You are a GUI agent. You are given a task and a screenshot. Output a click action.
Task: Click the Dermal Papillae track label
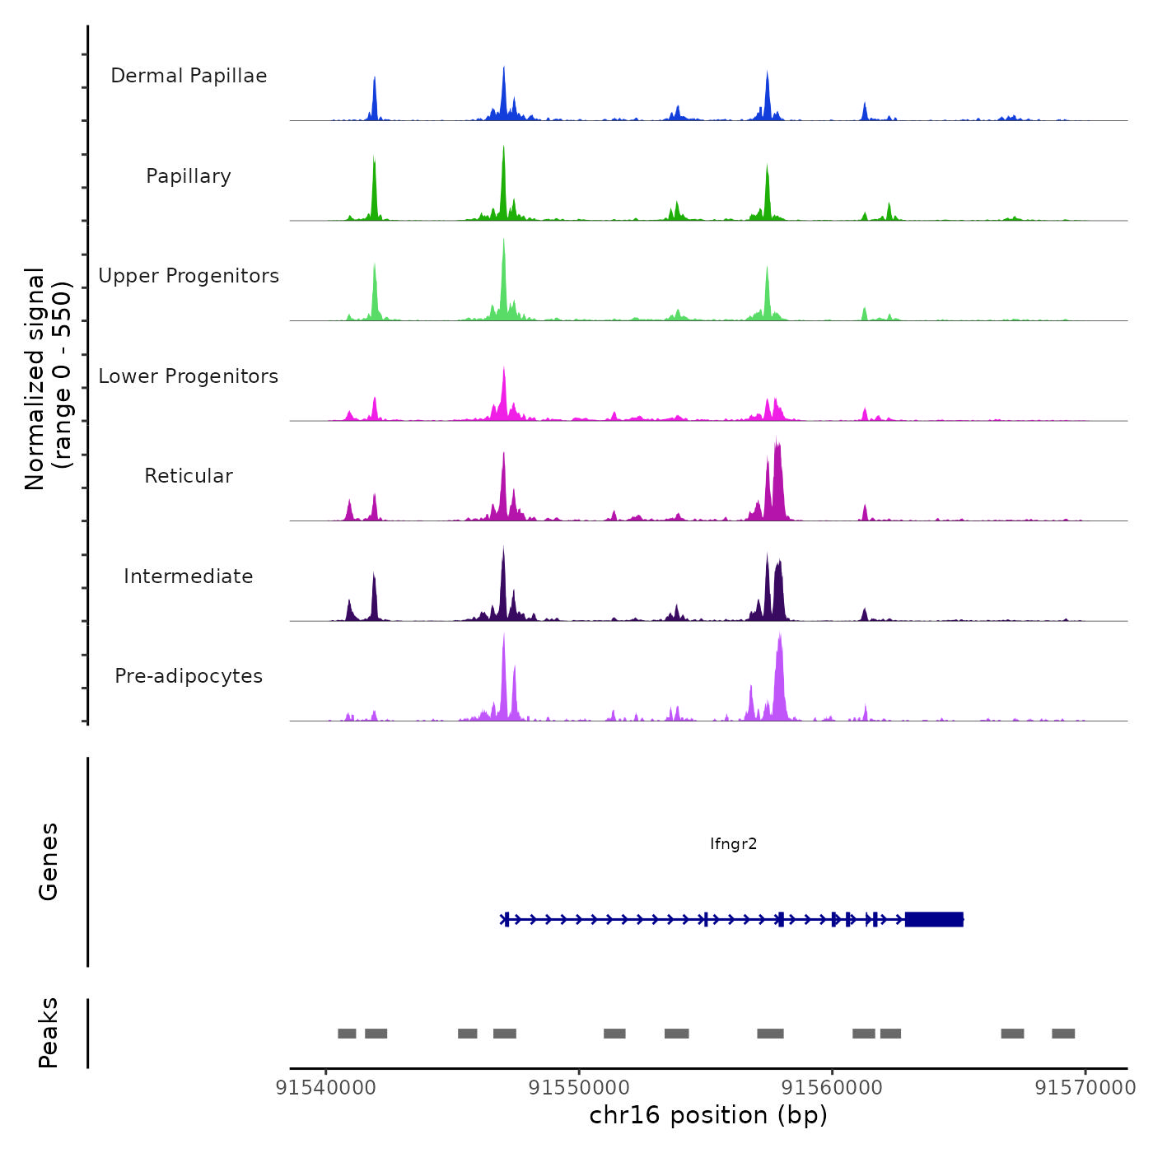[x=189, y=76]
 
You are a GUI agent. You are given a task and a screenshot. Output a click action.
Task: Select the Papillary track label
[x=189, y=176]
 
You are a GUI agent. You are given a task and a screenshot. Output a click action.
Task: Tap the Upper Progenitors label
[x=189, y=276]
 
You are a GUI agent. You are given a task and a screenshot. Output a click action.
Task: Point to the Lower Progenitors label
[x=189, y=376]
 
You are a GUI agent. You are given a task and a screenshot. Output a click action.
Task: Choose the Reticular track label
[x=189, y=476]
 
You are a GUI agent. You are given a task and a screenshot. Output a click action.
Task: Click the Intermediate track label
[x=189, y=576]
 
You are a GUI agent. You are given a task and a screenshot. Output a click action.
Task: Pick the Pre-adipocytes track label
[x=189, y=676]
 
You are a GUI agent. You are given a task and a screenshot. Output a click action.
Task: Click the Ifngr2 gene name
[x=733, y=843]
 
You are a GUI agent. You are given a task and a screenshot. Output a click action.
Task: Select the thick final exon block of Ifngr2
[x=934, y=919]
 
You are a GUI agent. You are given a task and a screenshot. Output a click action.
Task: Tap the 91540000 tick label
[x=325, y=1088]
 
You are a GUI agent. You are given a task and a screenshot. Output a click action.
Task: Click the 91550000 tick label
[x=578, y=1088]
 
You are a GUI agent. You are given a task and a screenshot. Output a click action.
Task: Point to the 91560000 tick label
[x=832, y=1088]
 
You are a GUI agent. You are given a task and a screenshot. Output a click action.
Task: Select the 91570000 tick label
[x=1085, y=1088]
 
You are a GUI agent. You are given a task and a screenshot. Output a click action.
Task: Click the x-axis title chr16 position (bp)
[x=708, y=1115]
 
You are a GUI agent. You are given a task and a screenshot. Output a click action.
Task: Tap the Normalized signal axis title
[x=48, y=378]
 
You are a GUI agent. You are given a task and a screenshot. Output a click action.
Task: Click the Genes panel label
[x=49, y=861]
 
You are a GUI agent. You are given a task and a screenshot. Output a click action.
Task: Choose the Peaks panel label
[x=49, y=1033]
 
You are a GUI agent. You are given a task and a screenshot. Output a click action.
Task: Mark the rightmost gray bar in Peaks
[x=1063, y=1034]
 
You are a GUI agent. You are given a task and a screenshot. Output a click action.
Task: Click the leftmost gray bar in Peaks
[x=347, y=1034]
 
